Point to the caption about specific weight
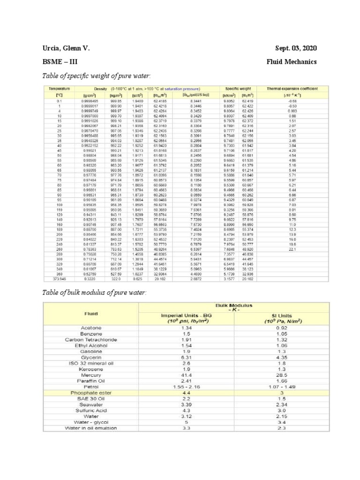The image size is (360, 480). pos(97,75)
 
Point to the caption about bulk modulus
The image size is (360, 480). pos(94,292)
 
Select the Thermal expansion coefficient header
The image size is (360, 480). pos(292,88)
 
